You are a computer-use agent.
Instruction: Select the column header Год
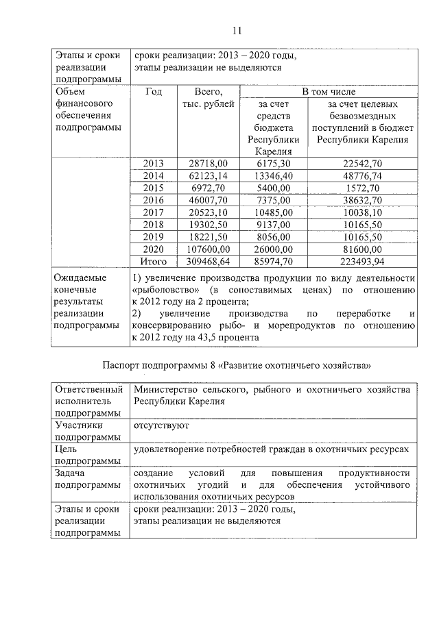point(154,92)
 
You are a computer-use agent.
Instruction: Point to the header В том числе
point(329,91)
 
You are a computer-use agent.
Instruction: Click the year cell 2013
point(154,163)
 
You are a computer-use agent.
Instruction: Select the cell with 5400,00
point(274,188)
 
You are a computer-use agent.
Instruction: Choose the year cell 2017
point(154,212)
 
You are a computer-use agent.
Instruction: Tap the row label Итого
point(154,262)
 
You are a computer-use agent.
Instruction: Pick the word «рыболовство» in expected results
point(161,290)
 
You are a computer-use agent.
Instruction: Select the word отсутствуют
point(161,425)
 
